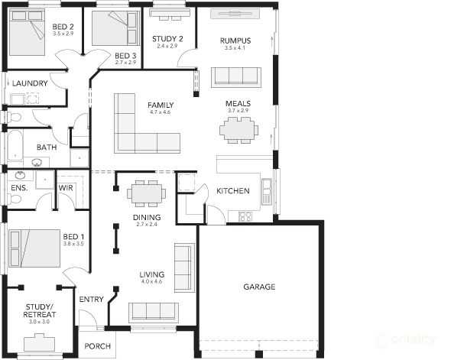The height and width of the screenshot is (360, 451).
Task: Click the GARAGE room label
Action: tap(259, 287)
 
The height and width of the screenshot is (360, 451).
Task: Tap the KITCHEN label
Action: tap(233, 191)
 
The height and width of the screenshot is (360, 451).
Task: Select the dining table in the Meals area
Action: tap(238, 130)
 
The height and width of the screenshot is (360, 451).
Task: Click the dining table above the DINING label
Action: tap(146, 193)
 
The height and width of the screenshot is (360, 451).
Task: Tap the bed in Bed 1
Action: tap(35, 248)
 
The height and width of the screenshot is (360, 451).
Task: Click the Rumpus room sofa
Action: tap(236, 76)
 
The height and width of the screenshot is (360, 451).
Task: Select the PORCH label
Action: tap(97, 345)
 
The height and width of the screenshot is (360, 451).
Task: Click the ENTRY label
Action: tap(91, 299)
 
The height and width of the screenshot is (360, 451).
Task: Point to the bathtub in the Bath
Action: tap(15, 146)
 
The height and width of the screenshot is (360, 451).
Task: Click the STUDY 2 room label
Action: tap(167, 38)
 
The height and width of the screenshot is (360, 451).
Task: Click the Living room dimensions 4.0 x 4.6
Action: tap(152, 282)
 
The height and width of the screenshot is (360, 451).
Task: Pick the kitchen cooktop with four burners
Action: tap(245, 216)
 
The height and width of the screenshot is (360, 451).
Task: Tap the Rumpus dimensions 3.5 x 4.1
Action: tap(235, 48)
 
